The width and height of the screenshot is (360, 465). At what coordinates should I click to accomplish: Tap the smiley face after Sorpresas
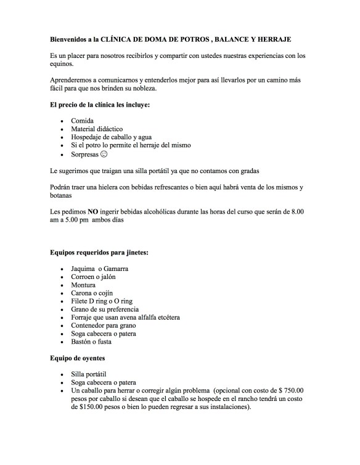[104, 154]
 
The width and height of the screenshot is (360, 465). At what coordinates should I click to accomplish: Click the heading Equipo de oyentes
[83, 357]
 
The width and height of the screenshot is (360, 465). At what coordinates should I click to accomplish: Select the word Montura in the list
[83, 285]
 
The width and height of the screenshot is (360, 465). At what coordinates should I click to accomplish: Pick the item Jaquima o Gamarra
[99, 269]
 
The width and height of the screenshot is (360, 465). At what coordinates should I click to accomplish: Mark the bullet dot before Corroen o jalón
[63, 278]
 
